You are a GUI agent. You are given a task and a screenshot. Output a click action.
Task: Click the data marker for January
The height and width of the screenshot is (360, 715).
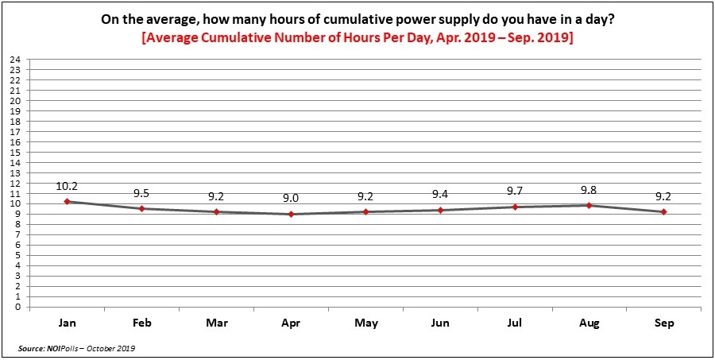(x=67, y=201)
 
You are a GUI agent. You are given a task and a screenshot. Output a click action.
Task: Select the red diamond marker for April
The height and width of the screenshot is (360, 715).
(x=291, y=214)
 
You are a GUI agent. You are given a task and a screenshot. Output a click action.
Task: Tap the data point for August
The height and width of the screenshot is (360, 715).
(x=589, y=205)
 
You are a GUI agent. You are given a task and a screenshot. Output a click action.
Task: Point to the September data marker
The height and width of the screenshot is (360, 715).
(x=664, y=211)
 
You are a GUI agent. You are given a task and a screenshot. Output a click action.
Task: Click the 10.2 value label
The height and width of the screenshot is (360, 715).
(x=67, y=186)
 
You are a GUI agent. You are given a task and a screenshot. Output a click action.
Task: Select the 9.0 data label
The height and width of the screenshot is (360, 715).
(x=291, y=199)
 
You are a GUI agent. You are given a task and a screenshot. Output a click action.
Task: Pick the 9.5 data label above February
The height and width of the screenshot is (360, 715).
(x=142, y=193)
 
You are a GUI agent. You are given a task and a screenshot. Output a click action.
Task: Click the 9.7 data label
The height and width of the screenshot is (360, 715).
(x=515, y=192)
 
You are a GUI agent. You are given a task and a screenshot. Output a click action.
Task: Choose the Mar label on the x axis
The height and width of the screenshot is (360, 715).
(x=216, y=323)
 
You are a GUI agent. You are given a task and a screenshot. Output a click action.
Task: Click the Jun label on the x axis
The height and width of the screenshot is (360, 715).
(x=440, y=323)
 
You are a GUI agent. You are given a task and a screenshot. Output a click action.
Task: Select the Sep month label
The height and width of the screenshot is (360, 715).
(x=664, y=323)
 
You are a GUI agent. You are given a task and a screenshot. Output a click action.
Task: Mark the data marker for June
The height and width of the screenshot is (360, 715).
(x=440, y=210)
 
